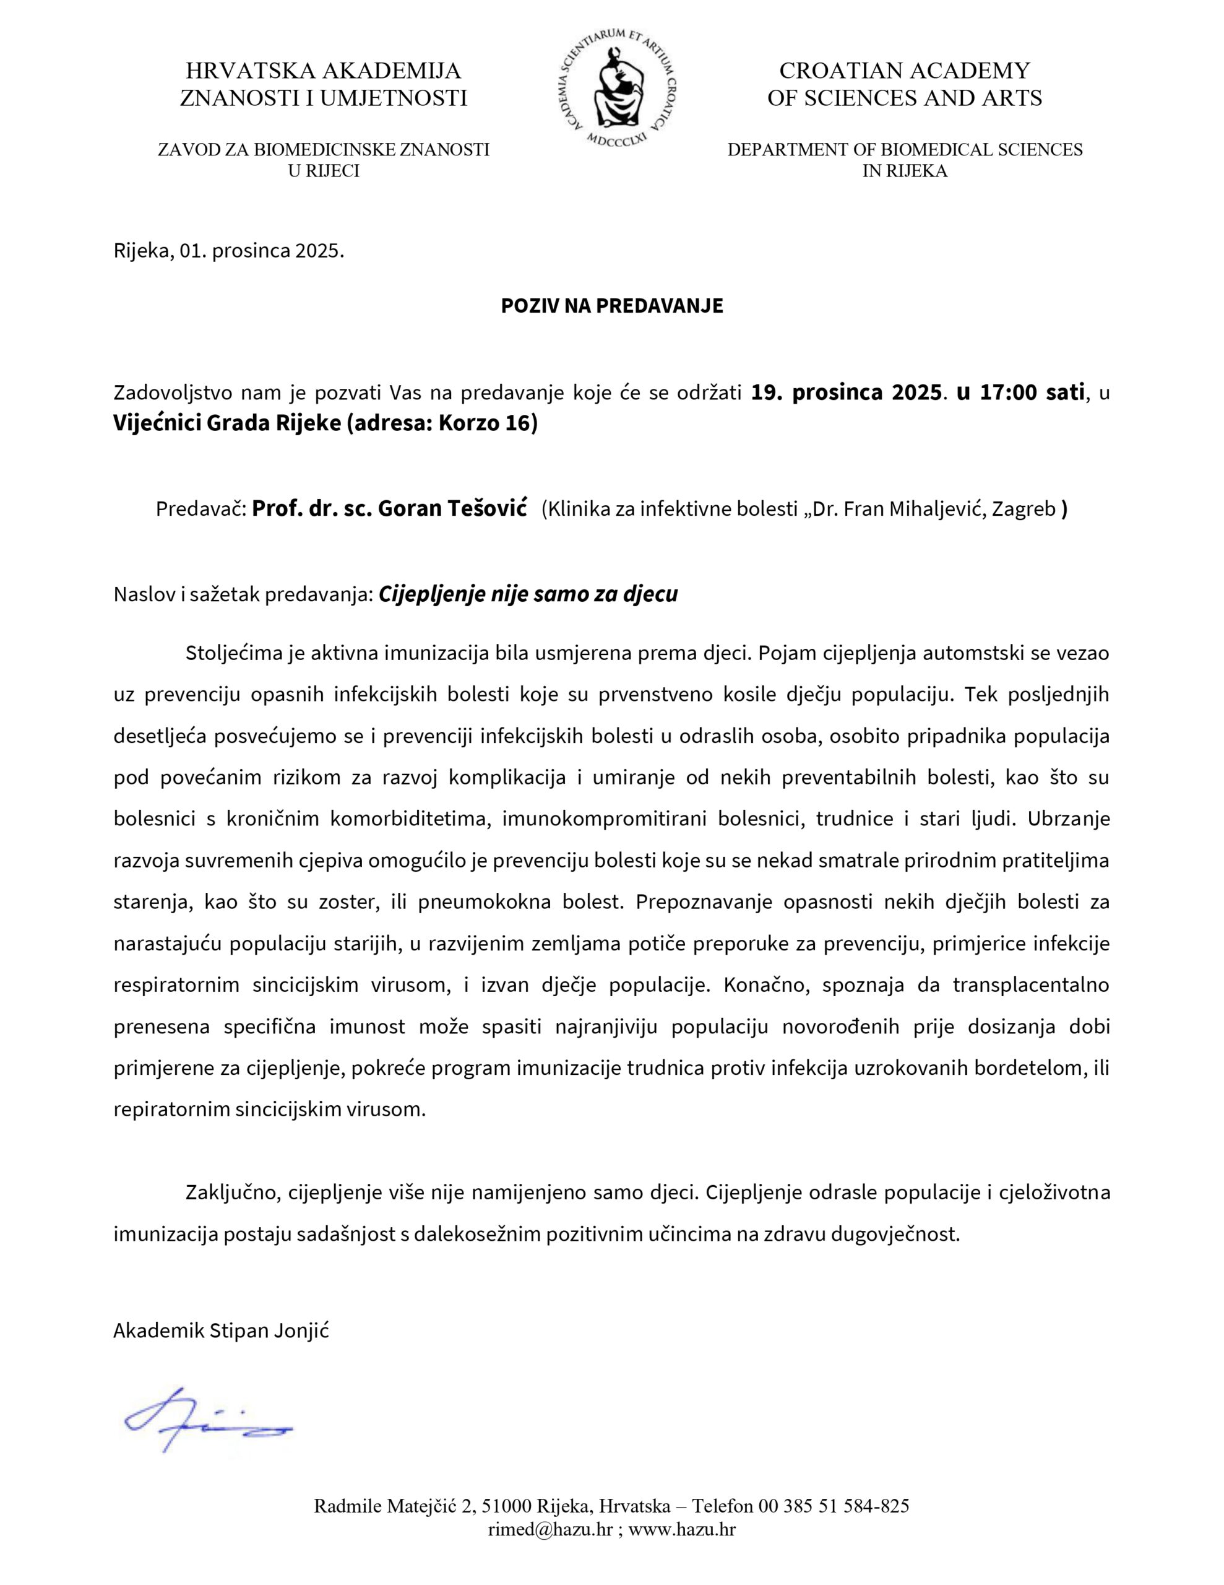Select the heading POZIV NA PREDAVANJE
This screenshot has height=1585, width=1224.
[611, 305]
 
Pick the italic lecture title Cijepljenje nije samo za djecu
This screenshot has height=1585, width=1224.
[528, 594]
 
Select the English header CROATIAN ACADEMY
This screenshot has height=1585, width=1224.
[904, 71]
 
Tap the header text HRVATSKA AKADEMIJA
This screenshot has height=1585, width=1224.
[323, 71]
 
